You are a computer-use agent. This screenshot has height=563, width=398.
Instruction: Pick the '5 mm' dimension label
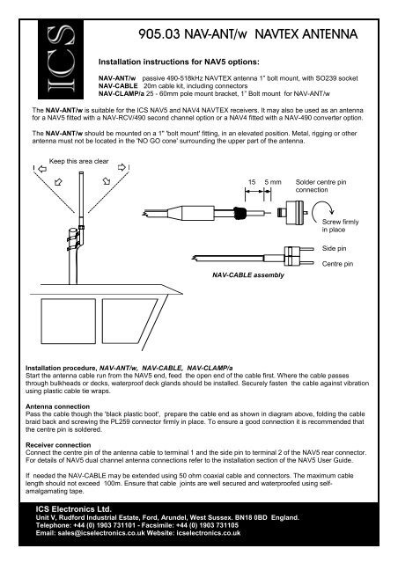pyautogui.click(x=273, y=181)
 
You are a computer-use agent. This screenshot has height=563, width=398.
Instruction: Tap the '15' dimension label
pyautogui.click(x=252, y=181)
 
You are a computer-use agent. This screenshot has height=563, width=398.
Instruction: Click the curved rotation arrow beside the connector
pyautogui.click(x=331, y=213)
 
